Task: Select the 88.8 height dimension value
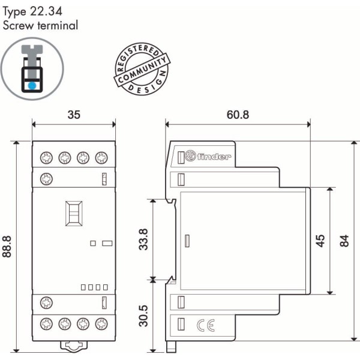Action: (8, 247)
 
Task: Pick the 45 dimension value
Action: (321, 240)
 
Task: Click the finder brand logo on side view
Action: (208, 157)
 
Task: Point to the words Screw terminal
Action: (40, 26)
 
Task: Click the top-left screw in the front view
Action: (46, 158)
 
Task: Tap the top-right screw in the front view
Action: (102, 158)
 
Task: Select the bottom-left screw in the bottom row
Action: (46, 325)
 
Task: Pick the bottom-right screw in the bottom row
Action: (102, 325)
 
